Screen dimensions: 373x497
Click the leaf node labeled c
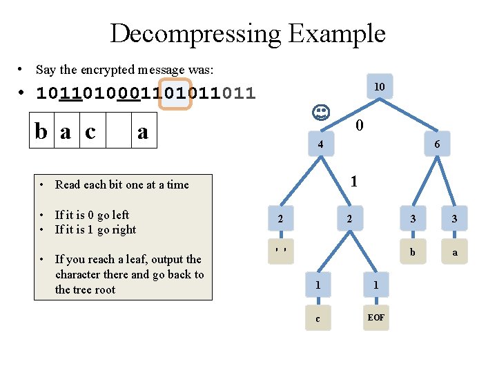tap(317, 318)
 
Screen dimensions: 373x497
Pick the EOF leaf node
tap(376, 318)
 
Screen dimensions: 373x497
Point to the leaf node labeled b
tap(412, 252)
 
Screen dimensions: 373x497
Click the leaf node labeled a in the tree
tap(455, 252)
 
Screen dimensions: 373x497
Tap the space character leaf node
tap(280, 250)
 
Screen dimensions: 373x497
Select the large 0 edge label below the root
tap(359, 126)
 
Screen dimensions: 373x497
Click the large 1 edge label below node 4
tap(353, 182)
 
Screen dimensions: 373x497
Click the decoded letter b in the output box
tap(43, 131)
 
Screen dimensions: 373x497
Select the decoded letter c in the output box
tap(90, 131)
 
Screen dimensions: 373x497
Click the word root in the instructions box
tap(104, 289)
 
